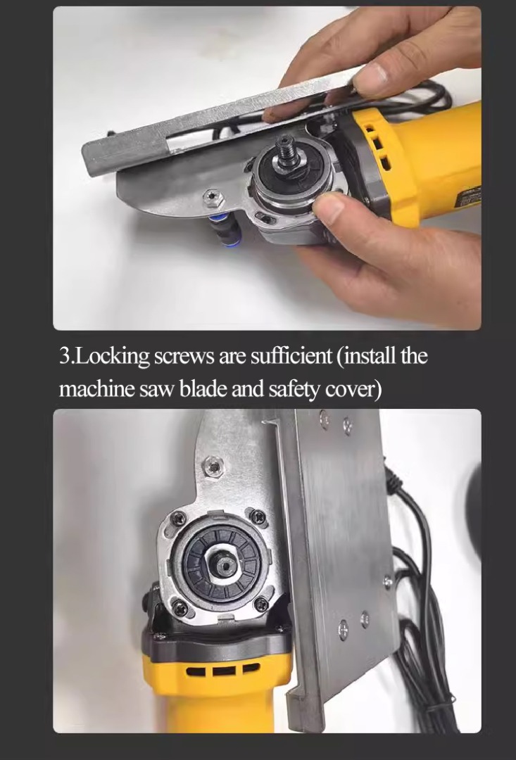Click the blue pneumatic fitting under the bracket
pyautogui.click(x=223, y=230)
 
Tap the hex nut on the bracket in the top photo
pyautogui.click(x=213, y=198)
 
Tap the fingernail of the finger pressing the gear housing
pyautogui.click(x=328, y=205)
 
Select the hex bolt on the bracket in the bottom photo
pyautogui.click(x=213, y=467)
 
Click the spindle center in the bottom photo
pyautogui.click(x=225, y=564)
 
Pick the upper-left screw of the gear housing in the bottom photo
pyautogui.click(x=179, y=518)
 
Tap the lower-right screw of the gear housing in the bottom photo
pyautogui.click(x=261, y=604)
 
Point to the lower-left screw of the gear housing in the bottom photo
pyautogui.click(x=180, y=608)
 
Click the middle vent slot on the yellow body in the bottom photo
pyautogui.click(x=224, y=671)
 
